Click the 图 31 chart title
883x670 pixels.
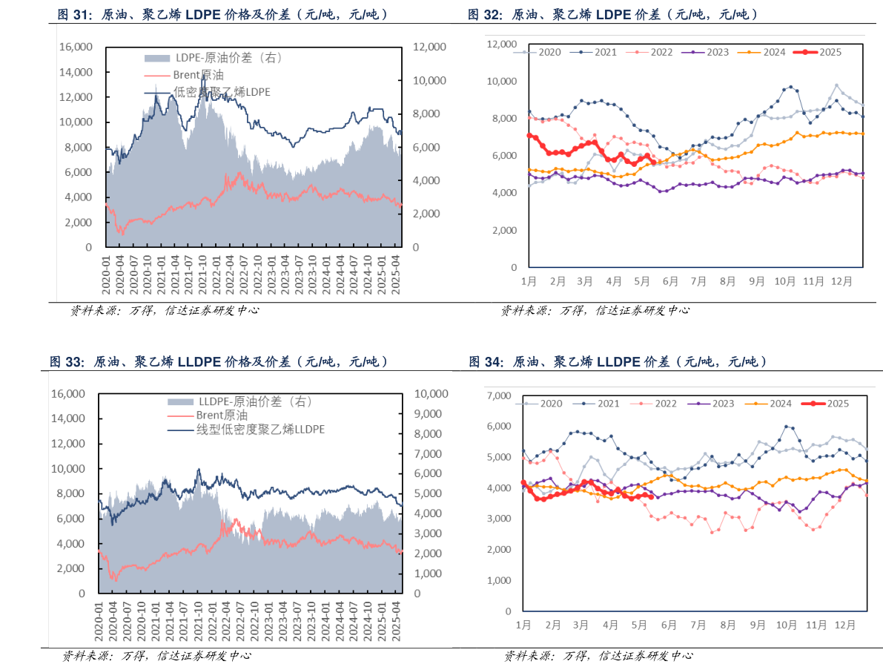(x=222, y=14)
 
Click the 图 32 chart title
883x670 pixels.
(x=612, y=14)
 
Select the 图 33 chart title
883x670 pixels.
(x=219, y=362)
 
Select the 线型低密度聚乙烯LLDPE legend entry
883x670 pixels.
(x=249, y=430)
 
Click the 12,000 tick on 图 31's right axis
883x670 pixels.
(x=429, y=47)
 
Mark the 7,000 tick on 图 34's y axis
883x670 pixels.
(x=498, y=395)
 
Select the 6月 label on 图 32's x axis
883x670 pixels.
(x=670, y=282)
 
